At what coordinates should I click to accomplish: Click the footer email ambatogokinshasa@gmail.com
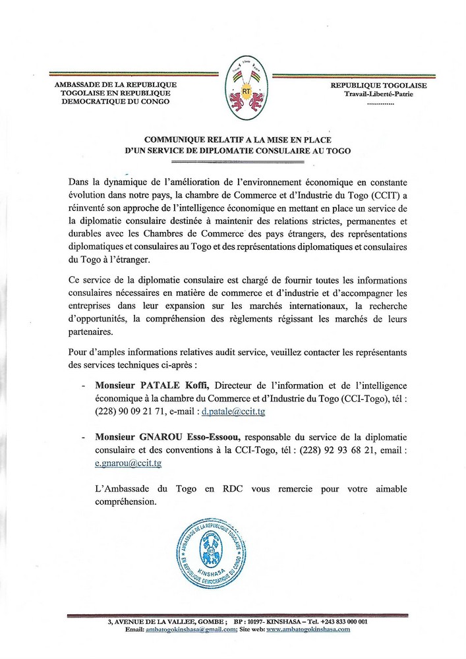click(x=192, y=629)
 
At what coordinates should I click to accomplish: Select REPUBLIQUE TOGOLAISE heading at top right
click(x=378, y=86)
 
